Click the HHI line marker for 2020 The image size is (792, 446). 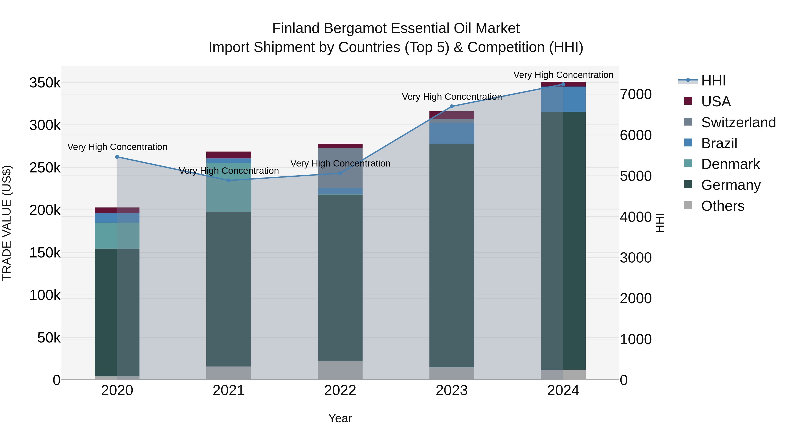click(x=117, y=157)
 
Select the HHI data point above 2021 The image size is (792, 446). click(x=229, y=181)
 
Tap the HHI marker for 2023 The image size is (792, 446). click(x=452, y=107)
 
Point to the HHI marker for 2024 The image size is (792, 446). click(x=563, y=84)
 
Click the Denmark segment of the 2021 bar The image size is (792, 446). click(x=229, y=188)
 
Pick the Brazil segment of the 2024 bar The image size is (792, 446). click(x=563, y=99)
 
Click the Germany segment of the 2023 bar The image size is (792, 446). click(x=452, y=255)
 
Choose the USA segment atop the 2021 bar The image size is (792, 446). click(x=229, y=155)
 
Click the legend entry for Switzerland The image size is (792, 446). click(x=738, y=122)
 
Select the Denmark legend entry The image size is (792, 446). click(x=730, y=164)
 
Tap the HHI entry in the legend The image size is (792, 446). click(x=713, y=81)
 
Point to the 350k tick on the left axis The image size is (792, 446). click(x=45, y=83)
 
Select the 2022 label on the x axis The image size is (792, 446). click(x=340, y=390)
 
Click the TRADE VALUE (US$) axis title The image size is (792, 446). click(x=7, y=223)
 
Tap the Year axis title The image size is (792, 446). click(x=340, y=418)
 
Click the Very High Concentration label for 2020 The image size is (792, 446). click(x=117, y=147)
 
